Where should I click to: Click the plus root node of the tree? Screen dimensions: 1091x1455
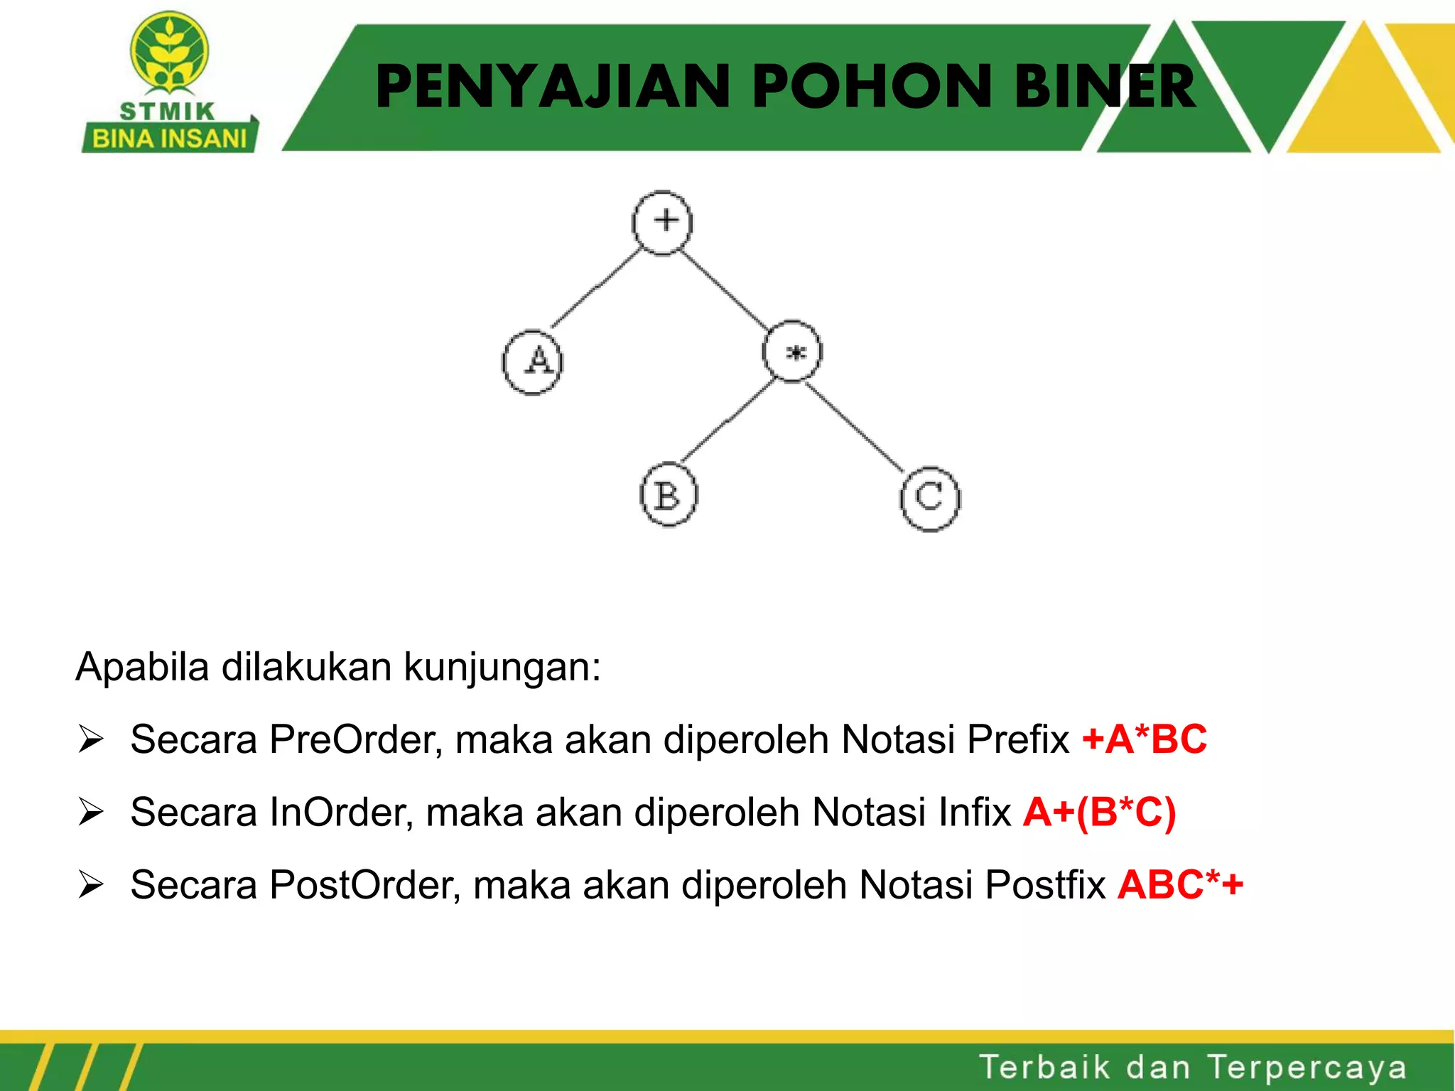pyautogui.click(x=662, y=222)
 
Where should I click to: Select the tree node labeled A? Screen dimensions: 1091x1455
pyautogui.click(x=532, y=362)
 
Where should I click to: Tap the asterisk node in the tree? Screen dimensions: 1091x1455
pyautogui.click(x=792, y=352)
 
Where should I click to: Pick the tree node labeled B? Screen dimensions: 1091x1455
pyautogui.click(x=669, y=495)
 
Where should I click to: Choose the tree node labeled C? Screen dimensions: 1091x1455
pyautogui.click(x=930, y=499)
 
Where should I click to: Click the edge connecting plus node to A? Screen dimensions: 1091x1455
pyautogui.click(x=595, y=288)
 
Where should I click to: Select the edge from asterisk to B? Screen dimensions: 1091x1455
pyautogui.click(x=727, y=420)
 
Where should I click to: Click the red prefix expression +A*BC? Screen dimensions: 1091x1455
pyautogui.click(x=1144, y=739)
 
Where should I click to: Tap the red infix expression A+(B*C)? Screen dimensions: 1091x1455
pyautogui.click(x=1099, y=812)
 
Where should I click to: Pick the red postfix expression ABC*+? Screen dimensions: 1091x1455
pyautogui.click(x=1180, y=885)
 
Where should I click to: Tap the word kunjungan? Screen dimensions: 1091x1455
pyautogui.click(x=502, y=668)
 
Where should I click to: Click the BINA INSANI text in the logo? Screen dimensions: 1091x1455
pyautogui.click(x=169, y=138)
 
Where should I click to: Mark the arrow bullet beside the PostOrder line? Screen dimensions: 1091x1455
pyautogui.click(x=92, y=885)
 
